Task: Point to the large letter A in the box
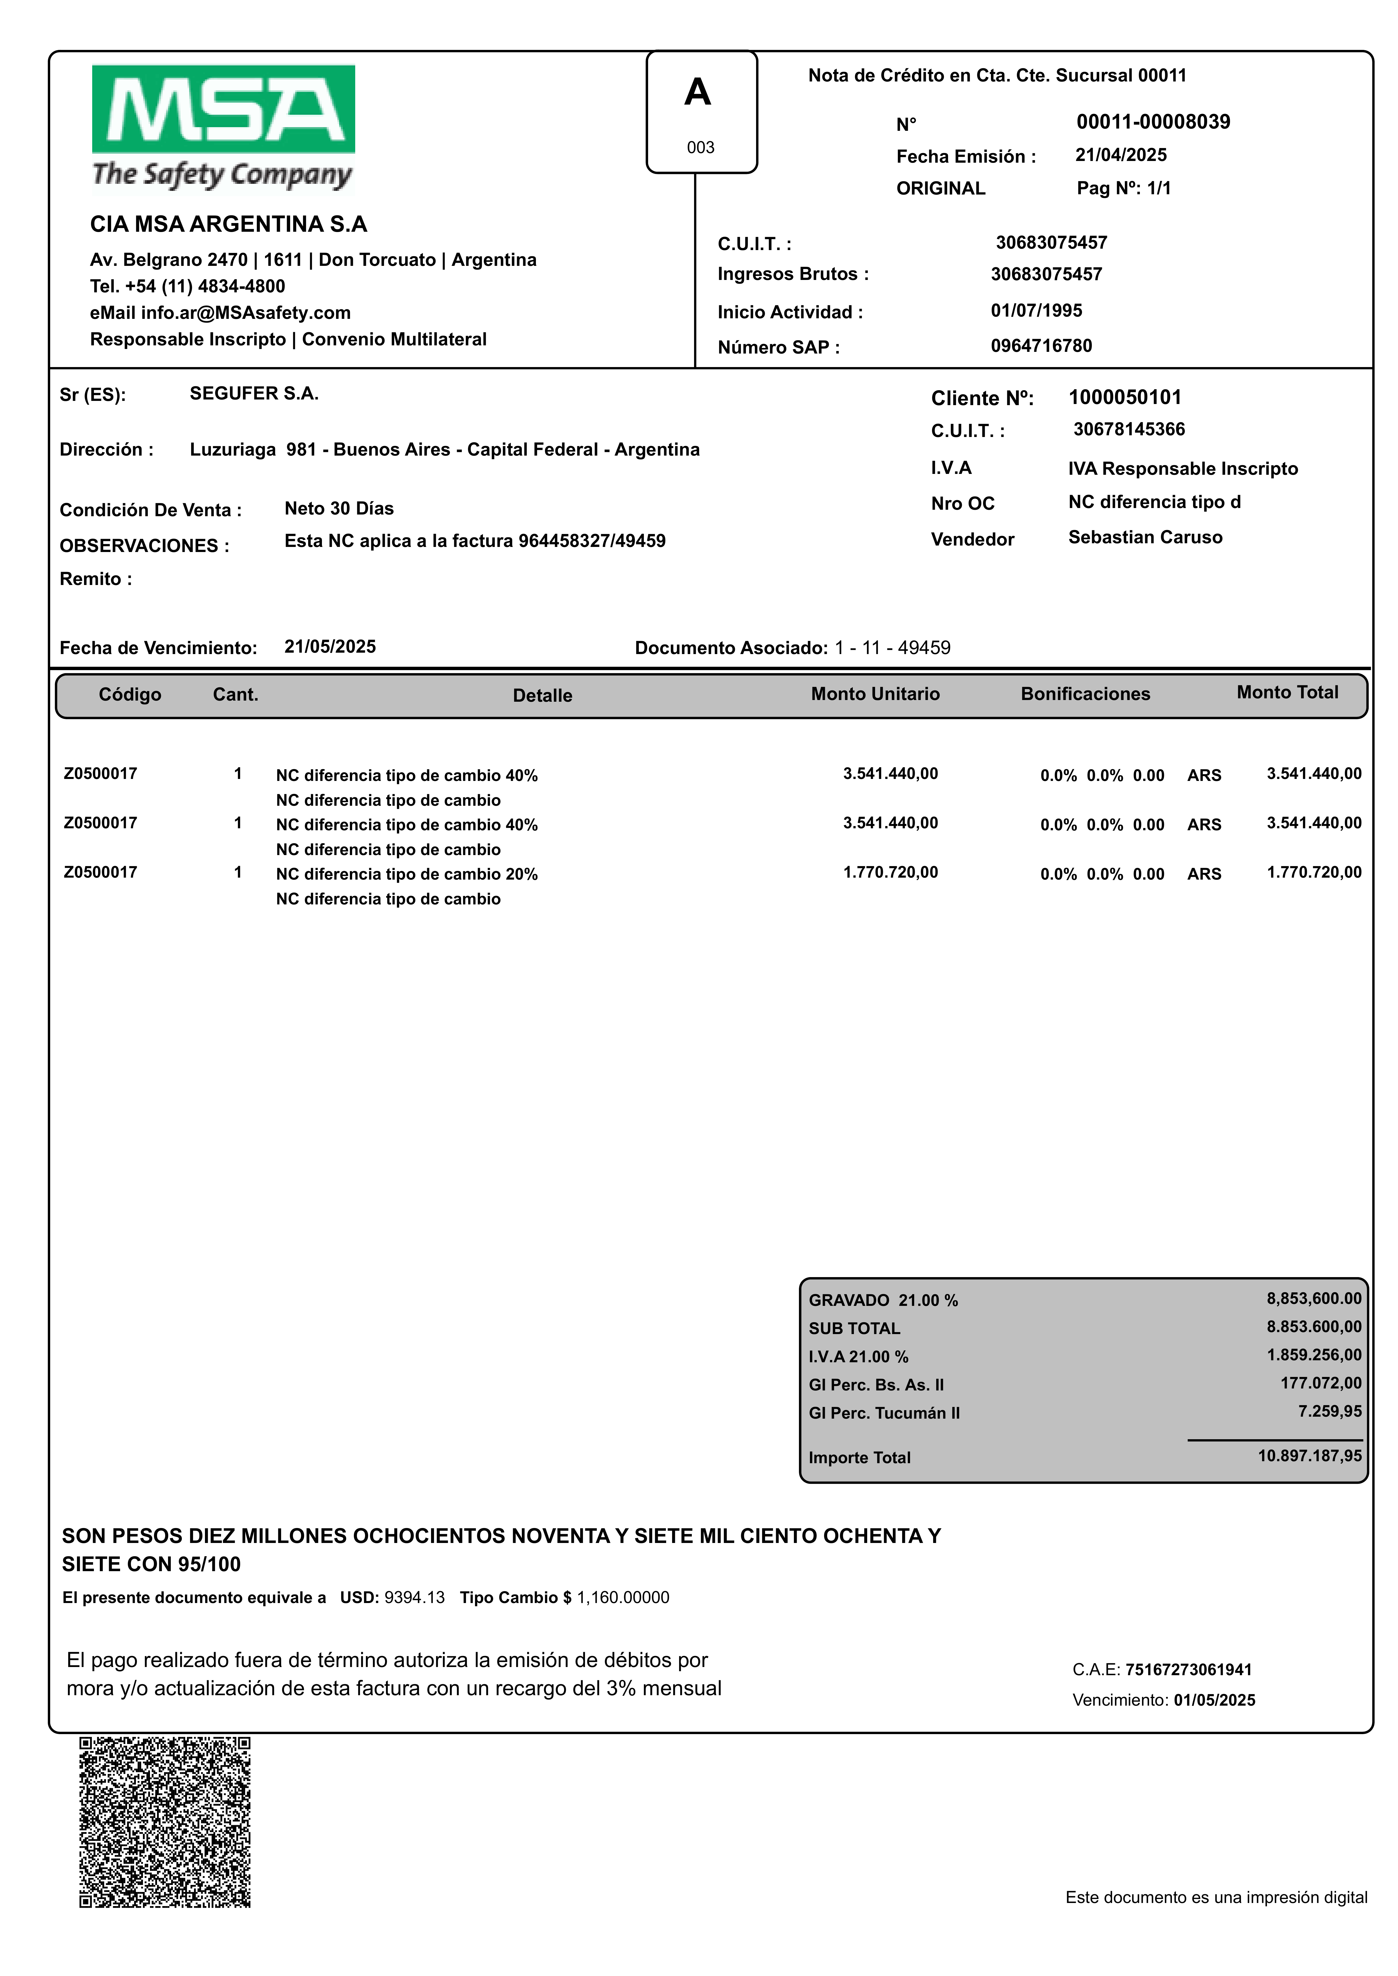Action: coord(697,92)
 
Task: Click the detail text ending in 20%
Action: coord(406,875)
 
